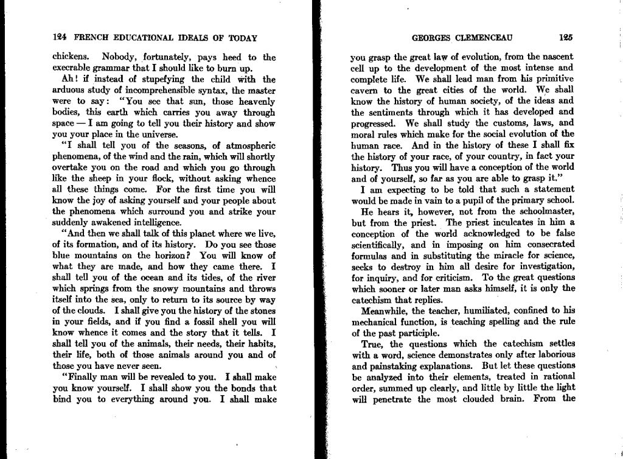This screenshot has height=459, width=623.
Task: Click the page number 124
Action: [x=60, y=37]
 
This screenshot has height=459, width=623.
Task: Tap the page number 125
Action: [x=566, y=37]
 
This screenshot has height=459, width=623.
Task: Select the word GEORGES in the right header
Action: [x=431, y=37]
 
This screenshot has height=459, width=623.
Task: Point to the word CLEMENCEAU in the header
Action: [x=484, y=37]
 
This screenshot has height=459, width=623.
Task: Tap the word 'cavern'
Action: [x=367, y=90]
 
